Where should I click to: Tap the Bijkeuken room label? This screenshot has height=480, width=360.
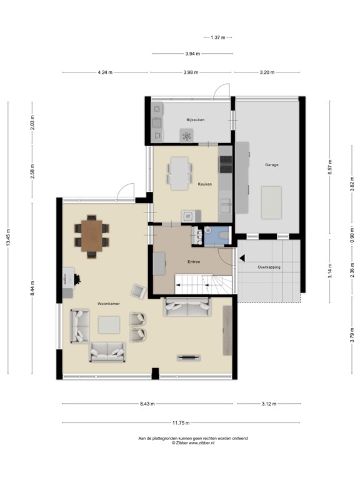(x=196, y=119)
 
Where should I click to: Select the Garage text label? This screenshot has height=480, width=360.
(x=271, y=165)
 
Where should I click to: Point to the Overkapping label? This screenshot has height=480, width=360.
(x=269, y=267)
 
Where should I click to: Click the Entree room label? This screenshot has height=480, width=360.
(x=192, y=262)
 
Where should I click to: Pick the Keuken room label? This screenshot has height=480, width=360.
(x=205, y=184)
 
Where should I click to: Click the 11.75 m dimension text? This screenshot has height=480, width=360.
(x=181, y=422)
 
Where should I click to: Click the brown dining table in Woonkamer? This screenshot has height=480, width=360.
(x=91, y=235)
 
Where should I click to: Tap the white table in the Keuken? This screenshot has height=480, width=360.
(x=180, y=172)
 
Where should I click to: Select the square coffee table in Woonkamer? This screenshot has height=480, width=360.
(x=109, y=324)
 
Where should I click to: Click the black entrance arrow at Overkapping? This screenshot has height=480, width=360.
(x=241, y=256)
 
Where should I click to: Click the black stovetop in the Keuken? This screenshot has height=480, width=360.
(x=225, y=164)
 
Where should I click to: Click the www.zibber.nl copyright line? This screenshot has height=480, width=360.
(x=193, y=443)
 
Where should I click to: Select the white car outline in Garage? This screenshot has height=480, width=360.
(x=272, y=202)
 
